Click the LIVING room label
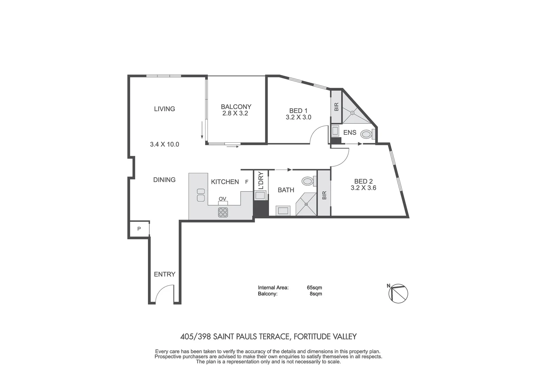coord(164,109)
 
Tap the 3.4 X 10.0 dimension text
coord(164,144)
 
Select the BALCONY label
coord(236,107)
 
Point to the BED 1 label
coord(298,111)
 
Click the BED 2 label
coord(363,181)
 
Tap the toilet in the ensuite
coord(367,134)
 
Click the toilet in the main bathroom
coord(308,181)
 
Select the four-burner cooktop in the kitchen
coord(223,212)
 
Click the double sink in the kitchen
coord(201,195)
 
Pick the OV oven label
coord(222,199)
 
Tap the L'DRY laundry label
coord(261,180)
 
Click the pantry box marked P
coord(139,229)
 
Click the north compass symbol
coord(398,293)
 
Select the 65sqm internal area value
coord(314,288)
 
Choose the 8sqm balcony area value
coord(316,294)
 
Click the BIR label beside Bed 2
coord(324,195)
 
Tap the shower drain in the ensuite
coord(353,113)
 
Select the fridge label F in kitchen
coord(247,182)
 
